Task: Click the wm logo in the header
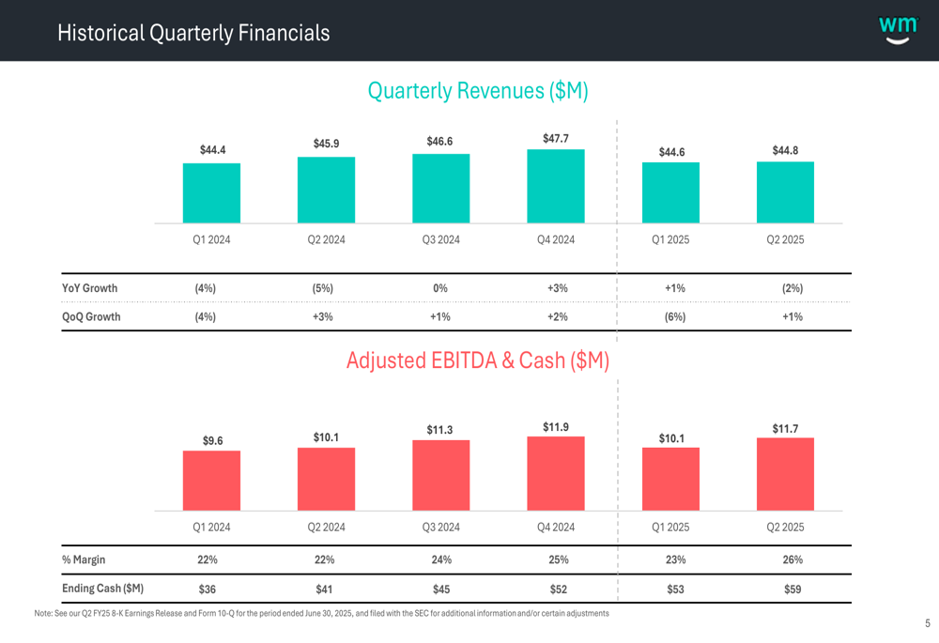click(898, 29)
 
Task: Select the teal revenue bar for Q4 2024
click(556, 186)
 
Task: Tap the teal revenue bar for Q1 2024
click(211, 192)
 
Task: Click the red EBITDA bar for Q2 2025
click(785, 474)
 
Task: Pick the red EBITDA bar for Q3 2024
click(440, 475)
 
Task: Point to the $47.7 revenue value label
click(556, 139)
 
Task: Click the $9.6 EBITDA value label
click(212, 440)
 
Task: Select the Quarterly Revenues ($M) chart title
click(478, 91)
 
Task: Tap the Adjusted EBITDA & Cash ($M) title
click(478, 360)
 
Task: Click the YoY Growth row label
click(90, 288)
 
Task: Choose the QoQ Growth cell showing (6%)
click(674, 317)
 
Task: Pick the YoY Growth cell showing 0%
click(440, 288)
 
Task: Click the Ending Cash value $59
click(793, 589)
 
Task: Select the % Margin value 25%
click(558, 560)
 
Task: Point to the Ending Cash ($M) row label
click(102, 589)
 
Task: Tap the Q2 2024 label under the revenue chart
click(326, 239)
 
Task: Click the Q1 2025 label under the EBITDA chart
click(670, 528)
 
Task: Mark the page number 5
click(927, 623)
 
